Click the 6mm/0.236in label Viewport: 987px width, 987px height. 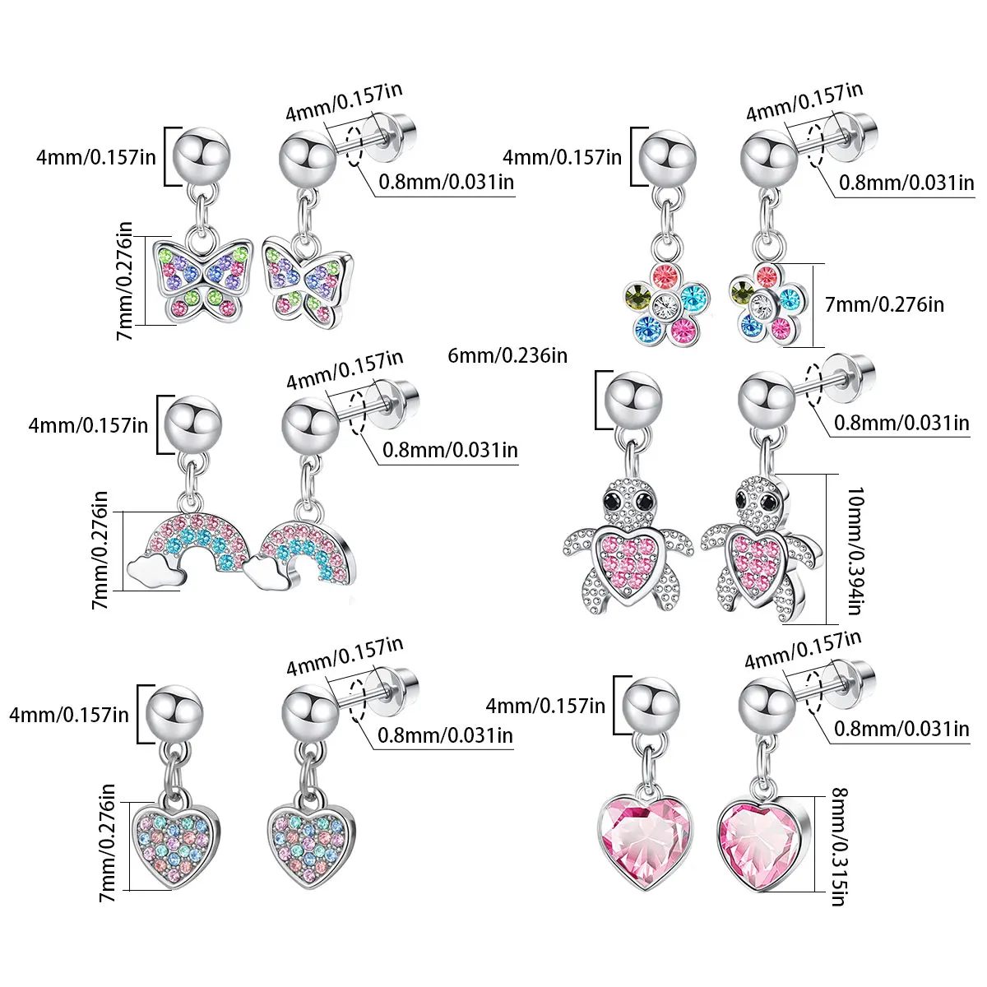pyautogui.click(x=507, y=355)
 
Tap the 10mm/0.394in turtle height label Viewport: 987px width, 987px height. pyautogui.click(x=855, y=550)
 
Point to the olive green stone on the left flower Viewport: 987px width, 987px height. pyautogui.click(x=637, y=296)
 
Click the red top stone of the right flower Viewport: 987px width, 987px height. pyautogui.click(x=767, y=276)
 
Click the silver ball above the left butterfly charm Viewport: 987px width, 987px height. pyautogui.click(x=202, y=156)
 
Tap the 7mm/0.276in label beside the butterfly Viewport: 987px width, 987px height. pyautogui.click(x=124, y=280)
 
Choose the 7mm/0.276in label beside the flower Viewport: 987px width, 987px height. pyautogui.click(x=884, y=305)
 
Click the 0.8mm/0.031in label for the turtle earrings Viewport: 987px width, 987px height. pyautogui.click(x=901, y=423)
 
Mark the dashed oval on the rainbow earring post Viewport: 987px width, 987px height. pyautogui.click(x=357, y=413)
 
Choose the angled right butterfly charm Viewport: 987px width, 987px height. pyautogui.click(x=308, y=282)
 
